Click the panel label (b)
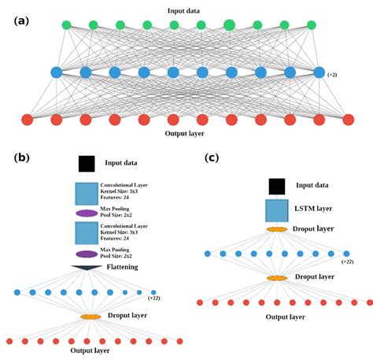(22, 157)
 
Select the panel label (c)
(211, 157)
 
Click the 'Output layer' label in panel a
(186, 133)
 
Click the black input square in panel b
(87, 163)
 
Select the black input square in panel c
(276, 186)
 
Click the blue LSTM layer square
(276, 210)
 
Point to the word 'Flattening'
(123, 268)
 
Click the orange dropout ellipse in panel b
(90, 317)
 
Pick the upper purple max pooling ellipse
(87, 213)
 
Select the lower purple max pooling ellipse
(87, 254)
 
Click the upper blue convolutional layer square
(87, 193)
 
